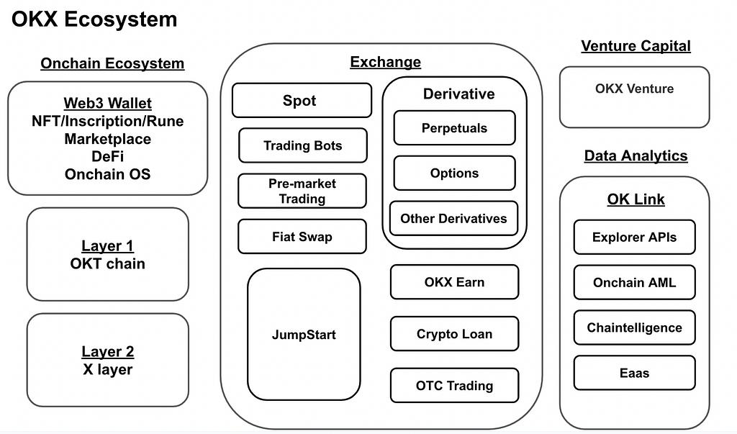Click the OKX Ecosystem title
94,19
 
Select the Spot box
302,101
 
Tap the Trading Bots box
302,145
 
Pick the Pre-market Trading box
302,191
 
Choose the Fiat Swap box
302,237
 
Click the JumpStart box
304,335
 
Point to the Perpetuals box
454,128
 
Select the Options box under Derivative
454,173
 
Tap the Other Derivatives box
453,219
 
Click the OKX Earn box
454,282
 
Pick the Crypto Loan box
454,334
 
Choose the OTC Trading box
454,386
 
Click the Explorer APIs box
634,238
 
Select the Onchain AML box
634,283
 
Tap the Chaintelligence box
634,328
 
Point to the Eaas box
634,374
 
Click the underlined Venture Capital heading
636,46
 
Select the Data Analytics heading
636,156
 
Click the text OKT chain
107,264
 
